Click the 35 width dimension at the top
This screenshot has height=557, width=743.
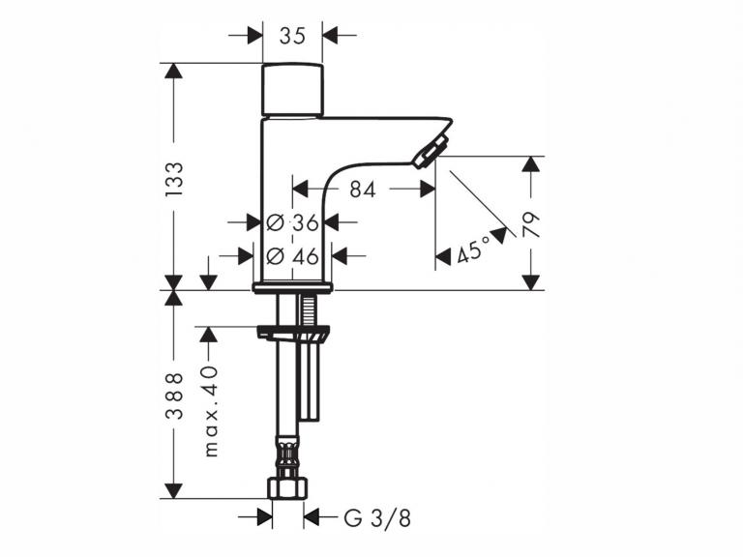coord(292,36)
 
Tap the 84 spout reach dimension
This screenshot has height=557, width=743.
coord(363,190)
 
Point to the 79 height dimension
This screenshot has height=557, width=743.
coord(531,224)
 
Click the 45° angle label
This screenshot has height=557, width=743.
coord(474,249)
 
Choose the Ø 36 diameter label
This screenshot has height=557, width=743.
coord(292,222)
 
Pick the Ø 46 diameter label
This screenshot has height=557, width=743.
coord(292,256)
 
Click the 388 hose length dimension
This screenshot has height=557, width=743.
coord(174,396)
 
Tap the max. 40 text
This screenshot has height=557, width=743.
coord(211,411)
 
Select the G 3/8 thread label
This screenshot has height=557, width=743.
coord(377,518)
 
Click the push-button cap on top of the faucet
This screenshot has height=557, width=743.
coord(292,90)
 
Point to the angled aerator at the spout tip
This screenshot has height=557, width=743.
coord(431,151)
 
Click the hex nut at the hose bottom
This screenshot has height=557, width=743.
coord(287,488)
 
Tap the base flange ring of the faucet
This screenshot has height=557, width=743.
coord(293,287)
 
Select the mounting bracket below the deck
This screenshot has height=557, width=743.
coord(292,333)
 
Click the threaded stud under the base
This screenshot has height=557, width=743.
coord(307,309)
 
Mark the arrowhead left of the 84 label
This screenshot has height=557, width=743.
coord(301,190)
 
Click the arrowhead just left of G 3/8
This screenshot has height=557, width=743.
coord(312,516)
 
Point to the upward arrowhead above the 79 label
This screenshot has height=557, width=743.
coord(531,163)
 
